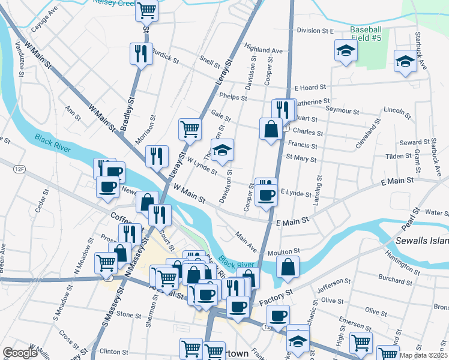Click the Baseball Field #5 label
click(x=366, y=34)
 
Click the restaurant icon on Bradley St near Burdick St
click(x=139, y=54)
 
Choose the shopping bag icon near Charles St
click(x=271, y=128)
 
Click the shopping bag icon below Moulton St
click(x=288, y=268)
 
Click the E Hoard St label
click(x=309, y=87)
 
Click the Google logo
click(x=19, y=353)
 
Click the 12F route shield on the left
click(x=20, y=170)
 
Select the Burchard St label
click(x=394, y=277)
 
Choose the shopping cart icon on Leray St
click(x=190, y=128)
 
